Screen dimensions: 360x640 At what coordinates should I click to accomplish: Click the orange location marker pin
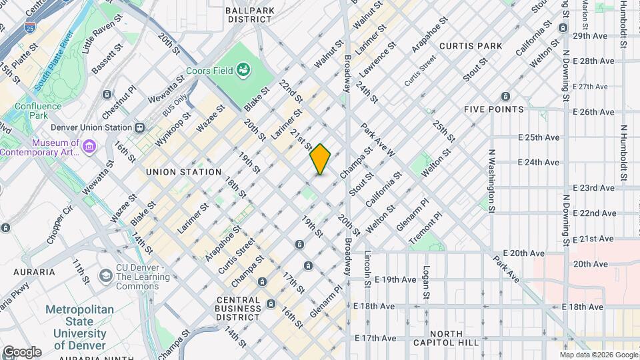[x=321, y=159]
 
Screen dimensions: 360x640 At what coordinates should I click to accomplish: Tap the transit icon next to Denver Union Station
[x=139, y=127]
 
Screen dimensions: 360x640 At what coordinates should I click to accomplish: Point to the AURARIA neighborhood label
[x=29, y=271]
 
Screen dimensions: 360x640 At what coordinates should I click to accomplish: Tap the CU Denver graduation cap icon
[x=105, y=276]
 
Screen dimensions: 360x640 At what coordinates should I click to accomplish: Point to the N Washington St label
[x=491, y=181]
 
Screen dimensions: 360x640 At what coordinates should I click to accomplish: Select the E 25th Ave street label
[x=539, y=137]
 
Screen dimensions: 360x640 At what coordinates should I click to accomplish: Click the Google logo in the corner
[x=21, y=351]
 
